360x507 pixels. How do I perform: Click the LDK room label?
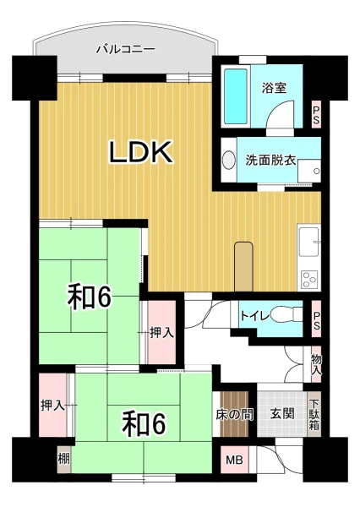pos(140,151)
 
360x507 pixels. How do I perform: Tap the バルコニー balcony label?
pos(126,50)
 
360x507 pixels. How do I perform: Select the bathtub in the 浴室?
pos(236,96)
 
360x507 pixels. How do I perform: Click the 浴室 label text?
pos(275,88)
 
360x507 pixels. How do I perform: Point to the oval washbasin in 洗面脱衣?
pos(229,160)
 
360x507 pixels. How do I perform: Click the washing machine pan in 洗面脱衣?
pos(309,171)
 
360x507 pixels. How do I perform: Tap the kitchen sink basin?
pos(308,242)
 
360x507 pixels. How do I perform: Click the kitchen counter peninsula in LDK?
pos(244,266)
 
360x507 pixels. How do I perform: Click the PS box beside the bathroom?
pos(316,114)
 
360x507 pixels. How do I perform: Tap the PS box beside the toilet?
pos(316,319)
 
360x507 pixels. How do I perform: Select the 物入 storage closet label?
pos(316,364)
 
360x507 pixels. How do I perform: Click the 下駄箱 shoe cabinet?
pos(314,415)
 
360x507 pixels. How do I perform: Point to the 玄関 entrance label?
pos(282,413)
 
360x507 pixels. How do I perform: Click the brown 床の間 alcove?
pos(234,414)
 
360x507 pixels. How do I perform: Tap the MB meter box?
pos(235,460)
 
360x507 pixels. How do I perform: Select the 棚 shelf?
pos(64,459)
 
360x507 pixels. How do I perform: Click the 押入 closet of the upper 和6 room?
pos(161,332)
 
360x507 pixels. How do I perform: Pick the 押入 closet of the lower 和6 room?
pos(52,405)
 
